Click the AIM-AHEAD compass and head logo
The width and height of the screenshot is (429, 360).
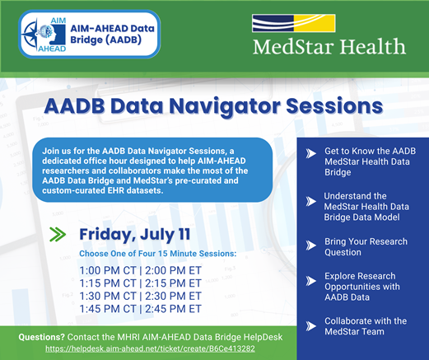pyautogui.click(x=44, y=35)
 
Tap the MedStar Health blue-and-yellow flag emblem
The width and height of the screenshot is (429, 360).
pyautogui.click(x=294, y=23)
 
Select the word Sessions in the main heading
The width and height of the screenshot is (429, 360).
pyautogui.click(x=334, y=105)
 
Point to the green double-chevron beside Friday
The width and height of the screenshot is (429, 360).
pyautogui.click(x=58, y=234)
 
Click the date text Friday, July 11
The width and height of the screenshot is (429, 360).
pyautogui.click(x=135, y=235)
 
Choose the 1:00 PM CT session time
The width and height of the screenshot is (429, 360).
pyautogui.click(x=108, y=270)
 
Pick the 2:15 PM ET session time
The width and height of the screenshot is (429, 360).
pyautogui.click(x=173, y=283)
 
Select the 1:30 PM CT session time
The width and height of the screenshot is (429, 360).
pyautogui.click(x=108, y=296)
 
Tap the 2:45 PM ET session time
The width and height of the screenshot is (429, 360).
pyautogui.click(x=173, y=309)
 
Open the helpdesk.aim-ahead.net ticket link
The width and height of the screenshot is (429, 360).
pyautogui.click(x=150, y=348)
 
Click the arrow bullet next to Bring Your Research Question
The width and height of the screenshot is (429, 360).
pyautogui.click(x=311, y=245)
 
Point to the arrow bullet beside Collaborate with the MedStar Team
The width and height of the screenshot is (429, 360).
pyautogui.click(x=311, y=326)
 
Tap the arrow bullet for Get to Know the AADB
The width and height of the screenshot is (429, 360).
pyautogui.click(x=311, y=153)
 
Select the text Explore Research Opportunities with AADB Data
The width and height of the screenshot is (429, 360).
pyautogui.click(x=362, y=287)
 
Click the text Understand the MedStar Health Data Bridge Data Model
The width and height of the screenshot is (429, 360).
pyautogui.click(x=366, y=207)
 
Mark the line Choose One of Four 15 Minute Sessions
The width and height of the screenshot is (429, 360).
pyautogui.click(x=158, y=254)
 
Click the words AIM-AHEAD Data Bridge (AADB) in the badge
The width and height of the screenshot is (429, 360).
pyautogui.click(x=112, y=34)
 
